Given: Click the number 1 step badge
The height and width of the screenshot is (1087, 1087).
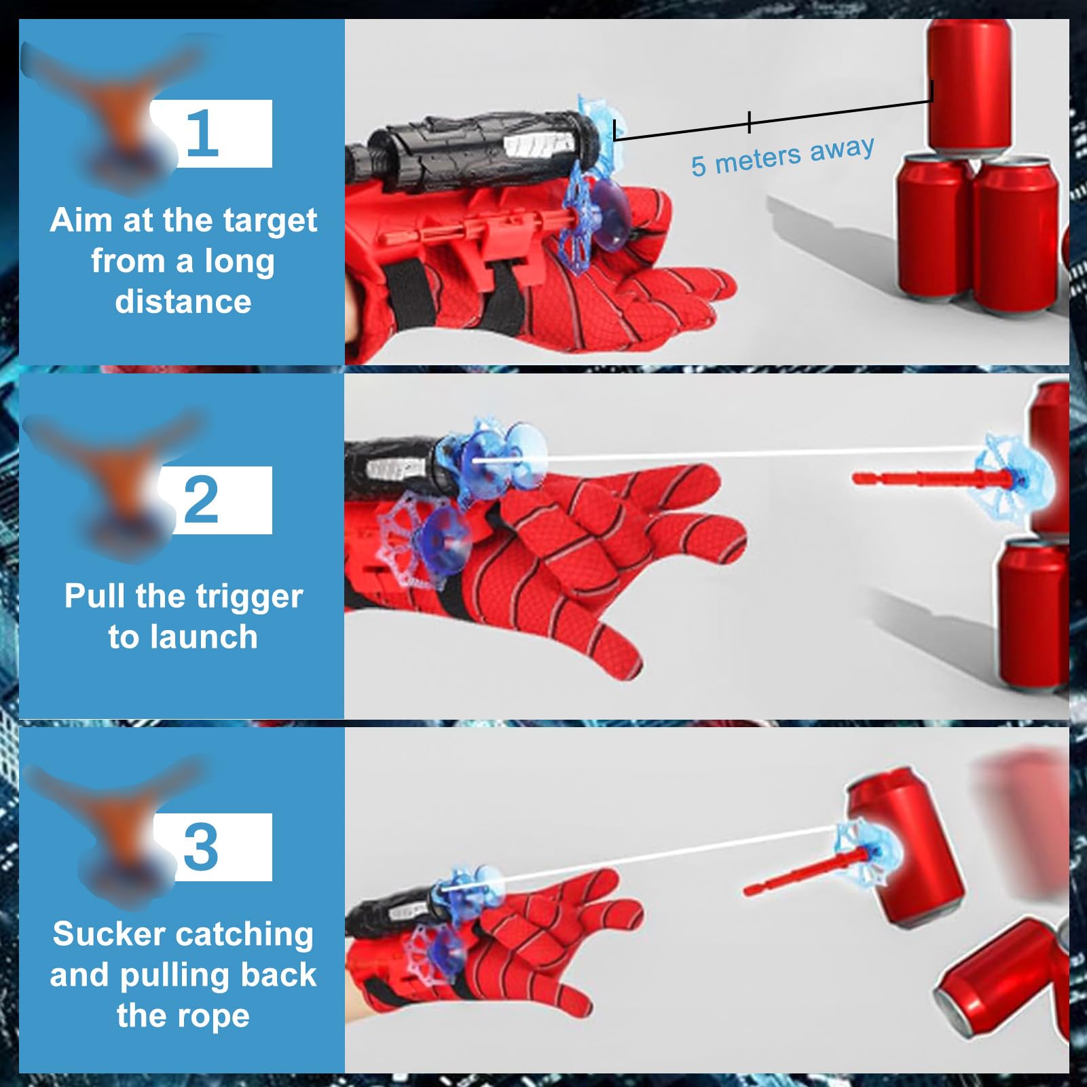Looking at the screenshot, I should (x=210, y=134).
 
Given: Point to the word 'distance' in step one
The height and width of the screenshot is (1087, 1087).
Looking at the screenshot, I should (x=183, y=301).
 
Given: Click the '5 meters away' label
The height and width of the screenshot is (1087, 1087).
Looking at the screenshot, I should (x=782, y=156).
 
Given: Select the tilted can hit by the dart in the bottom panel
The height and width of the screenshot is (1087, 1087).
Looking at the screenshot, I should (x=910, y=849).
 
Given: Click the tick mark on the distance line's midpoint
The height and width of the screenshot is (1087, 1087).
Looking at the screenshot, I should (x=749, y=122).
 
